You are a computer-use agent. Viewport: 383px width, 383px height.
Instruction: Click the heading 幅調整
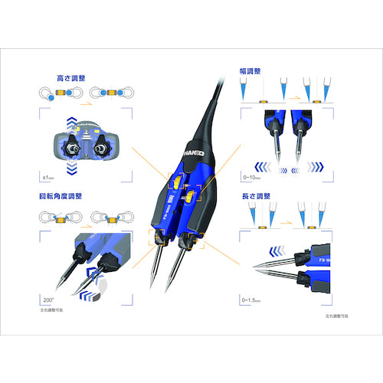[250, 70]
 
